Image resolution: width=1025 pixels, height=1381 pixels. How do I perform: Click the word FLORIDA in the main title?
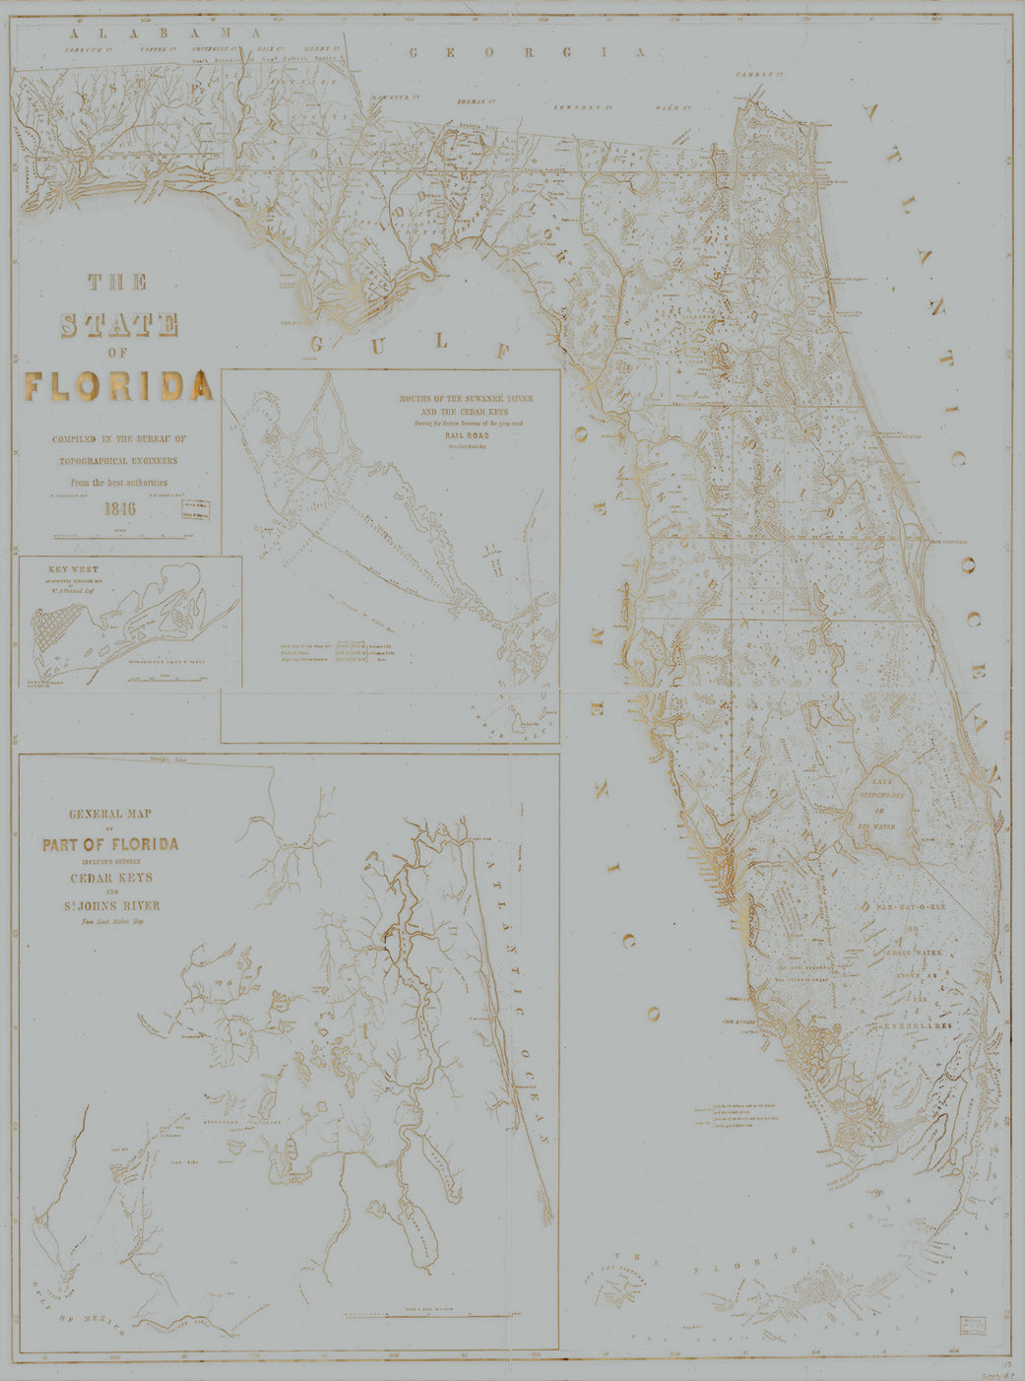[x=119, y=386]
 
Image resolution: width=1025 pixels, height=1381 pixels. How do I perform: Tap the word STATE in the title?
[x=119, y=324]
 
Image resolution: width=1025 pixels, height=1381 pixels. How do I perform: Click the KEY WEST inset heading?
[x=73, y=569]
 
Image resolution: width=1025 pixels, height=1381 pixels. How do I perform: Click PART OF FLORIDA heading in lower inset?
[x=110, y=844]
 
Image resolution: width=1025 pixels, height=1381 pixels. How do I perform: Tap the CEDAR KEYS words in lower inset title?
[x=110, y=877]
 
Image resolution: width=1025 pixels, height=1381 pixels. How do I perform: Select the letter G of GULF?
[x=318, y=343]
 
